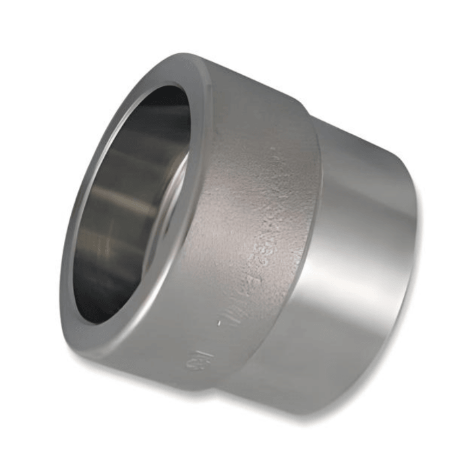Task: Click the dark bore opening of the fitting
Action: [x=128, y=202]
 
